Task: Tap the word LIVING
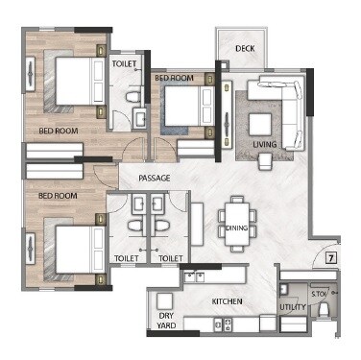pyautogui.click(x=265, y=145)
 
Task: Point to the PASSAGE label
pyautogui.click(x=154, y=179)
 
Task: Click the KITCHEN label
pyautogui.click(x=229, y=302)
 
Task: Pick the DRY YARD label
pyautogui.click(x=166, y=320)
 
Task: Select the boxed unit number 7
pyautogui.click(x=329, y=257)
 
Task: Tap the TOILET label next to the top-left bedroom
pyautogui.click(x=124, y=63)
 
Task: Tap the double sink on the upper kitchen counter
pyautogui.click(x=197, y=276)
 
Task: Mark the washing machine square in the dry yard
pyautogui.click(x=164, y=298)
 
